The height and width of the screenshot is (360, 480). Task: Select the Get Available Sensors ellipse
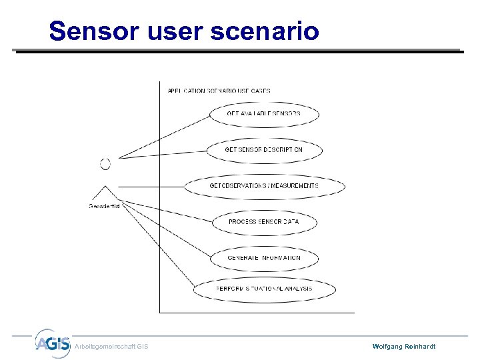click(x=263, y=114)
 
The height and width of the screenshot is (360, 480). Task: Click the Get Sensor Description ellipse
click(x=264, y=150)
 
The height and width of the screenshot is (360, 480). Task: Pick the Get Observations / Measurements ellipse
click(x=264, y=186)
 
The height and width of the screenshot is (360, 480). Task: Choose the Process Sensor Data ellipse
click(x=264, y=222)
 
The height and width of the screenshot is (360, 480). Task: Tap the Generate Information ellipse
click(x=264, y=258)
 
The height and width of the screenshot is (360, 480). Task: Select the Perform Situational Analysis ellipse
click(x=264, y=289)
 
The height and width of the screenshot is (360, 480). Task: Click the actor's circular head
click(x=105, y=164)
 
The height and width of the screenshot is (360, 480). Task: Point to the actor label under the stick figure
click(x=105, y=206)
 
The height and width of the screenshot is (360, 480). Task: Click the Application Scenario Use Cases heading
click(x=214, y=91)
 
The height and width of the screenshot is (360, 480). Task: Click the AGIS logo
click(x=52, y=343)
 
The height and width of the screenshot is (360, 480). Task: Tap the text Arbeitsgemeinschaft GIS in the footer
click(x=111, y=347)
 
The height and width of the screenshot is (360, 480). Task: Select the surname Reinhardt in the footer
click(x=421, y=347)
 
